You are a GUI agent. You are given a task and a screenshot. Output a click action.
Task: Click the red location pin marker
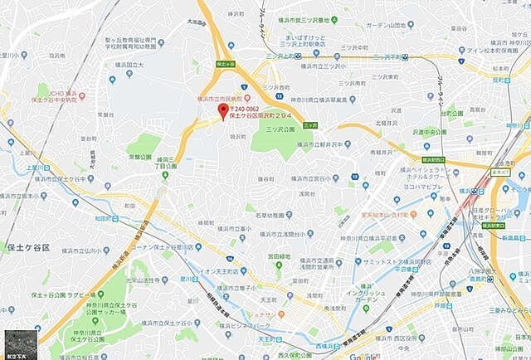222,111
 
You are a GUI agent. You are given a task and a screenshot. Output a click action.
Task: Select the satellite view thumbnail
17,344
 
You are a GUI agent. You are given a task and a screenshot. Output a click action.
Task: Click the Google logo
364,355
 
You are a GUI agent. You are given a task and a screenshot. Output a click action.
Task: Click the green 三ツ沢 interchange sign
309,125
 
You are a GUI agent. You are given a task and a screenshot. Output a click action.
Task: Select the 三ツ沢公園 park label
280,129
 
